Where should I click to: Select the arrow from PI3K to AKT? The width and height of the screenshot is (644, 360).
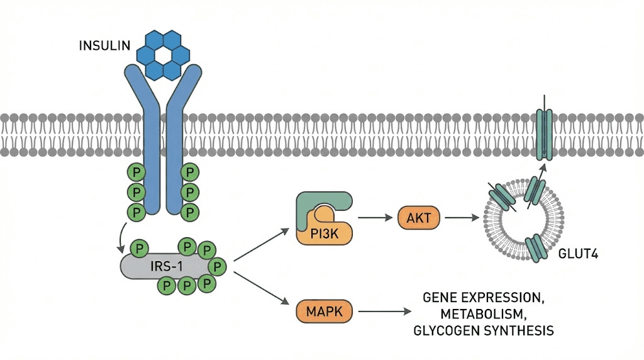coord(376,218)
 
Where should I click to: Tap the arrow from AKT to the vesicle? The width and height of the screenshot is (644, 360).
coord(465,218)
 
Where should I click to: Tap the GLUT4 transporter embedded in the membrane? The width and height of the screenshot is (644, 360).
coord(544,133)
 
